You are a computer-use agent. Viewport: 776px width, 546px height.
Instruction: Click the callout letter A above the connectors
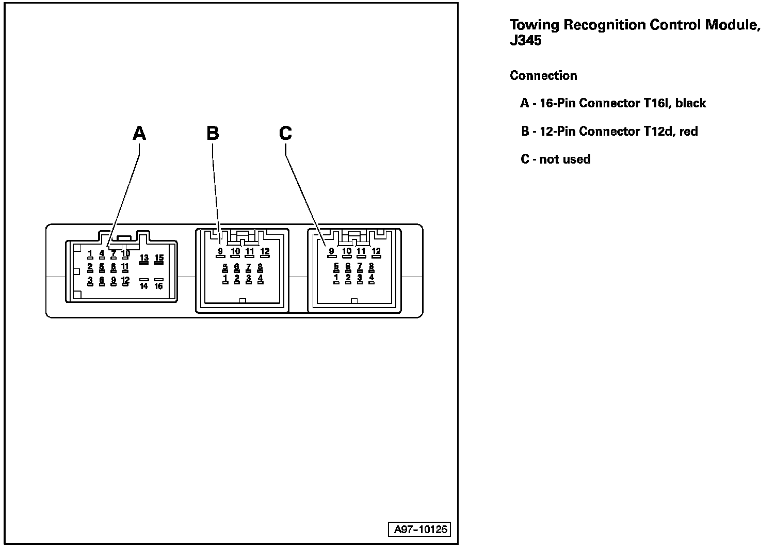[139, 133]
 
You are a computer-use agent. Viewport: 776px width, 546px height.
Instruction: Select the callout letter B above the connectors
[213, 133]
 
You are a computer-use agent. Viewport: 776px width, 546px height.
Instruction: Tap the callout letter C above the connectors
[285, 133]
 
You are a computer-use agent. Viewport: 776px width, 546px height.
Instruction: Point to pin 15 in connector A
[159, 258]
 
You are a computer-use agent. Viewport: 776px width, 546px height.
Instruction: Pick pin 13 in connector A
[144, 258]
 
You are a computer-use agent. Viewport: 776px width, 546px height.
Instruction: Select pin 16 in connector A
[159, 285]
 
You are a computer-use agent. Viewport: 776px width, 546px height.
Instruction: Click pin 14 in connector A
[144, 285]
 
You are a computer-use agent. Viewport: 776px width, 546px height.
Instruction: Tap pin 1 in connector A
[90, 253]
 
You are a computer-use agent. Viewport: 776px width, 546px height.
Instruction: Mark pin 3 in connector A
[90, 281]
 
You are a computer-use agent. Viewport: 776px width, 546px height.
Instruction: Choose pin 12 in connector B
[265, 252]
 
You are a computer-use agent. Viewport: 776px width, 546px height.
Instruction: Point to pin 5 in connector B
[225, 267]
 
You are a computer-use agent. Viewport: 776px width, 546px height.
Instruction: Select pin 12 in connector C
[376, 252]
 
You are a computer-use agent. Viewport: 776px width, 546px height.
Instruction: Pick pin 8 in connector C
[371, 267]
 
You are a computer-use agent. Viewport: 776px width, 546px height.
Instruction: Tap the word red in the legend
[688, 131]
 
